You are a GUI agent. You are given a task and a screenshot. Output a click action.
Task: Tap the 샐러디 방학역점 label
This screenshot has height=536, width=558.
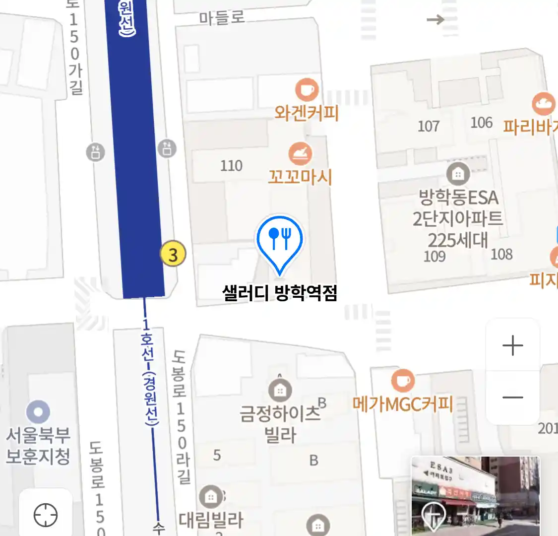tap(280, 293)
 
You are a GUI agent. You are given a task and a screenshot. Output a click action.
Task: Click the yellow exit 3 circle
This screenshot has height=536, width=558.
tap(173, 255)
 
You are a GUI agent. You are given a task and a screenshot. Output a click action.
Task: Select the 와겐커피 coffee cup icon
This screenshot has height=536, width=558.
tap(307, 90)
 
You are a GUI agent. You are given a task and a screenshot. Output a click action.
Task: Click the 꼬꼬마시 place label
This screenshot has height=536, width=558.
tap(300, 177)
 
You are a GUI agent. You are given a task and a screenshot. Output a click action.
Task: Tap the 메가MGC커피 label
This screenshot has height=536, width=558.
tap(403, 404)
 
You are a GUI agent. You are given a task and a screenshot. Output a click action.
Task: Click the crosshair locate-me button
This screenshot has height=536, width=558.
tap(46, 515)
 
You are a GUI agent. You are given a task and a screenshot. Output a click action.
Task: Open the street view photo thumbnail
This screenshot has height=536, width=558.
tap(475, 496)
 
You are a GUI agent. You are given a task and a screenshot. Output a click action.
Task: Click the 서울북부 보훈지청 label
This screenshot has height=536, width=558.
tap(38, 446)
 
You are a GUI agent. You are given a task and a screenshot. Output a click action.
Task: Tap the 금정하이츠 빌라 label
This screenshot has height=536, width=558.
tap(280, 424)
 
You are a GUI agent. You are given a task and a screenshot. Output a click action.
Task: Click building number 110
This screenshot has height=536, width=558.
tap(231, 165)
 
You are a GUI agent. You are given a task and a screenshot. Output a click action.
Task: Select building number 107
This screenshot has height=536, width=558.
tap(429, 126)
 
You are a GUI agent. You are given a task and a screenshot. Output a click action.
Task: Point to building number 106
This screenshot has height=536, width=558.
tap(481, 123)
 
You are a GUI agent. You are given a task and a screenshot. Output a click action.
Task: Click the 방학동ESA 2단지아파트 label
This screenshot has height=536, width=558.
tap(458, 218)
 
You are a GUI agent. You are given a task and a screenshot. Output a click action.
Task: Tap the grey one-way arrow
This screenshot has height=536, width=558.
tap(435, 19)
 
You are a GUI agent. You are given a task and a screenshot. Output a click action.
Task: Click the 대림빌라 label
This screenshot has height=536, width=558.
tap(211, 520)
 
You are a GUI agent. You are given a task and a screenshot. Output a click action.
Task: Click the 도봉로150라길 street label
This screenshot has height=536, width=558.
tap(181, 417)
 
